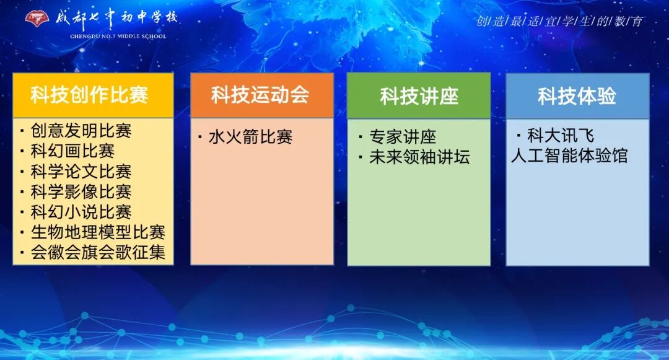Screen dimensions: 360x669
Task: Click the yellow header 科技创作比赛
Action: coord(93,95)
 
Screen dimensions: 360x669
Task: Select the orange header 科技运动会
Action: coord(261,95)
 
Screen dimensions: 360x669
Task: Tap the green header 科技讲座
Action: coord(419,96)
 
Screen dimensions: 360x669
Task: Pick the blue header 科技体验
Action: coord(577,96)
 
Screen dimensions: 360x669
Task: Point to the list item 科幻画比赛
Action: coord(72,151)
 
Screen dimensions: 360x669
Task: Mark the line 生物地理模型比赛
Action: coord(98,232)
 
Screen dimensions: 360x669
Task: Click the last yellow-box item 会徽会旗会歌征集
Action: coord(98,253)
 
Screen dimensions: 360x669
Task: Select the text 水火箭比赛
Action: coord(250,137)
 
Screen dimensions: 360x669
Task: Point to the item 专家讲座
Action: coord(403,137)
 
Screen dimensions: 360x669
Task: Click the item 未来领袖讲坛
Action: coord(419,157)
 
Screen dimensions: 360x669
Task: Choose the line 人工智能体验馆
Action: coord(569,156)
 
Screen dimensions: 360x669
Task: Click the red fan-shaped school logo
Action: coord(37,18)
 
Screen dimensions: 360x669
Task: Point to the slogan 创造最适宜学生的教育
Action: coord(559,21)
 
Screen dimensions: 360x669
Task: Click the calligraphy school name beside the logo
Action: coord(116,17)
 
